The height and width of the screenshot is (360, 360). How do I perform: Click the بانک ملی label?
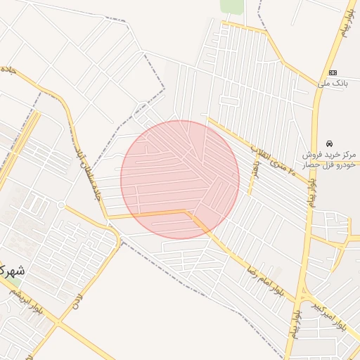(x=333, y=84)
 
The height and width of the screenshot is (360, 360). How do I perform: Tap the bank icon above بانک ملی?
(x=333, y=72)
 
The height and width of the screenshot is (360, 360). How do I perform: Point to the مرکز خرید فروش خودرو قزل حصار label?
(x=330, y=158)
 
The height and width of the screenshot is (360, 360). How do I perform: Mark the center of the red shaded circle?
(x=180, y=180)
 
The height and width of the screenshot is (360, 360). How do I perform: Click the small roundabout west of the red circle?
(x=61, y=205)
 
